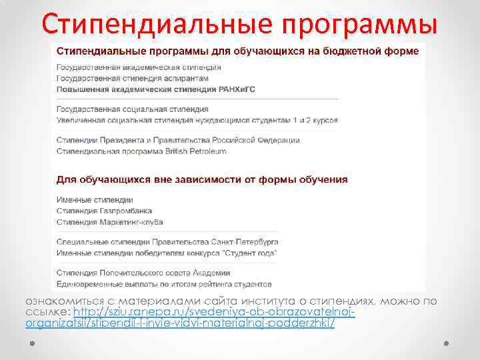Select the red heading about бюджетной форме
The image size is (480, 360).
(x=237, y=51)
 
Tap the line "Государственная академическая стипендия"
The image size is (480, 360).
(x=139, y=67)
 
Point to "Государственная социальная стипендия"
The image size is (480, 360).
(x=133, y=109)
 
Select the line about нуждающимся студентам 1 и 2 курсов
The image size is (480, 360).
(x=197, y=120)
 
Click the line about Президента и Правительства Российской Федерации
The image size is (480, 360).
(x=178, y=141)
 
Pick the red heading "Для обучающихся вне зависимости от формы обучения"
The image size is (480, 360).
(x=202, y=179)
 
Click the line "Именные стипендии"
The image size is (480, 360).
(x=95, y=200)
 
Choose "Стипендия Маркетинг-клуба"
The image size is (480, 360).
(x=110, y=221)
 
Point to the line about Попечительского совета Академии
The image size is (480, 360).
(x=143, y=273)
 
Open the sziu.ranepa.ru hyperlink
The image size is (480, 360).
(x=213, y=313)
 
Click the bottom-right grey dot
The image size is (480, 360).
(x=446, y=343)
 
